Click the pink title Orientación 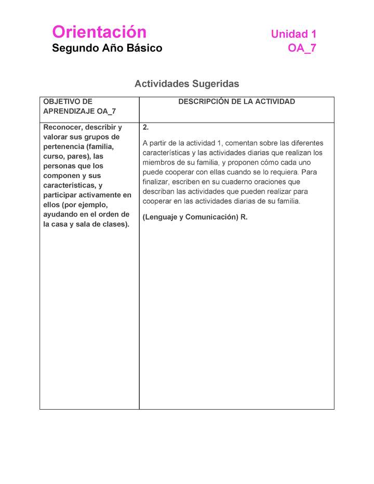[99, 32]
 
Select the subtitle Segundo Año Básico [107, 48]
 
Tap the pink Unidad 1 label [293, 34]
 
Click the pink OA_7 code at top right [302, 48]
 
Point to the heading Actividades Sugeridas [186, 84]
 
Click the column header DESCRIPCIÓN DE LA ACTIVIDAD [236, 102]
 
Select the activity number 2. [145, 127]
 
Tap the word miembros [158, 163]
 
